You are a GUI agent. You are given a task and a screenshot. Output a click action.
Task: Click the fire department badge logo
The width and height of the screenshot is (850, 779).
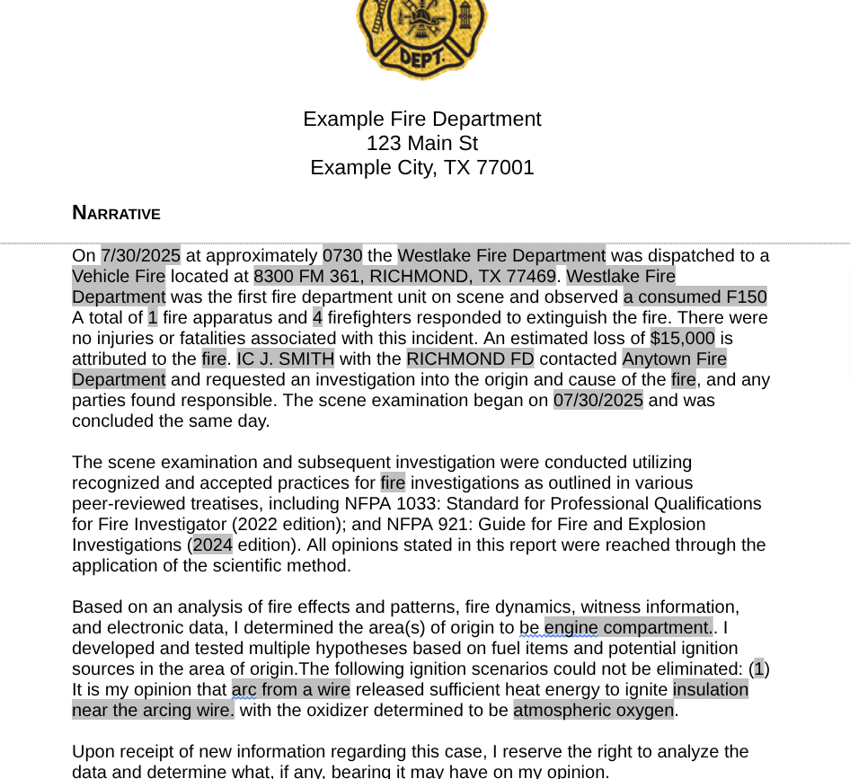(421, 36)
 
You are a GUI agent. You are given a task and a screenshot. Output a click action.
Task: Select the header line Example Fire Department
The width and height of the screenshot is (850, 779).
(421, 120)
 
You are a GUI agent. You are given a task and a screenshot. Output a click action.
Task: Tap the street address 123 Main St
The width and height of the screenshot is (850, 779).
(421, 144)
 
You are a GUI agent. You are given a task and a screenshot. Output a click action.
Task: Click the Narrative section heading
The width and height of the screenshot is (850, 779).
(116, 213)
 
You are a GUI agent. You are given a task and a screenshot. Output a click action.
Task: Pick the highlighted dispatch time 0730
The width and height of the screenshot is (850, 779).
(342, 256)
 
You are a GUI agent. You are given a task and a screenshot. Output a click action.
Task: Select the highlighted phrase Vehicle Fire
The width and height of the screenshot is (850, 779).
(119, 277)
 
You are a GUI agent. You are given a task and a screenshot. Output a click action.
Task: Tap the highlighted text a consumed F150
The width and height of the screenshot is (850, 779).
(695, 297)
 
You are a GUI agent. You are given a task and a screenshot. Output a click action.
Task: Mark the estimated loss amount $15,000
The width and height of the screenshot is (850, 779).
(682, 339)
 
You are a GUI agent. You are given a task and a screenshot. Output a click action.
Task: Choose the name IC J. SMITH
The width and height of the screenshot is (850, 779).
(285, 359)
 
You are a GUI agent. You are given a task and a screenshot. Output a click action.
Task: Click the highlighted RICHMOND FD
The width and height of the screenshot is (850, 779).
(470, 359)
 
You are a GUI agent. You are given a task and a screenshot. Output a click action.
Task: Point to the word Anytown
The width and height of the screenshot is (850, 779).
(653, 359)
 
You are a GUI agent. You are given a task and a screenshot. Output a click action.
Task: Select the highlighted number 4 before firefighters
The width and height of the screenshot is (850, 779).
(317, 318)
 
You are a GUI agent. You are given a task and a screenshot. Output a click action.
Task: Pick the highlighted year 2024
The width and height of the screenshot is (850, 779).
(212, 545)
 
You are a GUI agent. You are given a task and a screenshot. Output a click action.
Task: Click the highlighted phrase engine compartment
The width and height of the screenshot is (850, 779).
(627, 628)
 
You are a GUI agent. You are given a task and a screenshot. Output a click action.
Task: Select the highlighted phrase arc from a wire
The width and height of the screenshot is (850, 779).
(290, 690)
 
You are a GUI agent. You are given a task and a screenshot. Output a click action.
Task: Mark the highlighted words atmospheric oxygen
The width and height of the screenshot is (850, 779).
(593, 711)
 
